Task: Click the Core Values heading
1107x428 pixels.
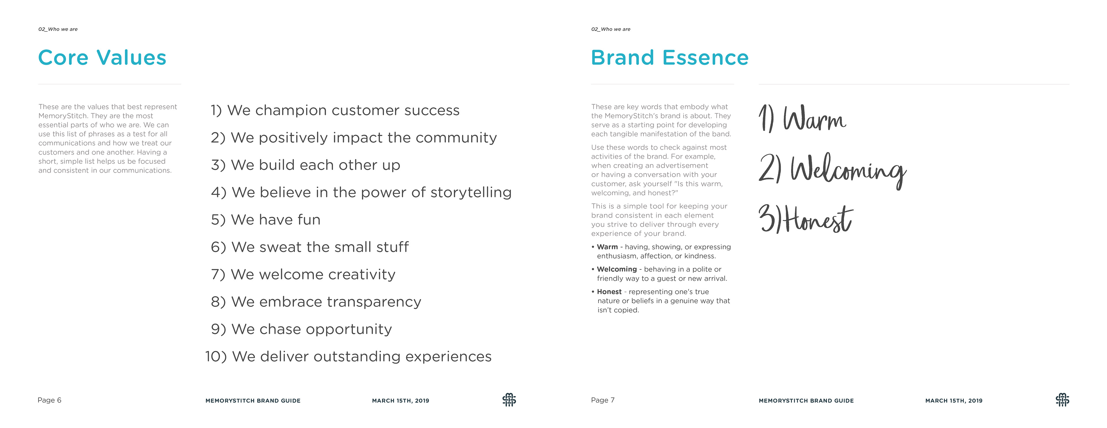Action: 102,58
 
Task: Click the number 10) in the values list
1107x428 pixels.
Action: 216,356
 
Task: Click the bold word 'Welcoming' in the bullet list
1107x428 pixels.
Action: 617,269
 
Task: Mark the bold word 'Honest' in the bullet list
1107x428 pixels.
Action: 609,291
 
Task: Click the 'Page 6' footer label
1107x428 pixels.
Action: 49,400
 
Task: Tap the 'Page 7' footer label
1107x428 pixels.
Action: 603,400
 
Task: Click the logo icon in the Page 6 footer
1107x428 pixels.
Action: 509,400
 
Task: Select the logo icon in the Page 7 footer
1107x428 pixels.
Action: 1062,400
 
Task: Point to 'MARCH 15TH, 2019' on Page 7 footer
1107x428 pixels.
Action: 954,401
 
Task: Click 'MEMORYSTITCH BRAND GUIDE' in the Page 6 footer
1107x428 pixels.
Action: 253,401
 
